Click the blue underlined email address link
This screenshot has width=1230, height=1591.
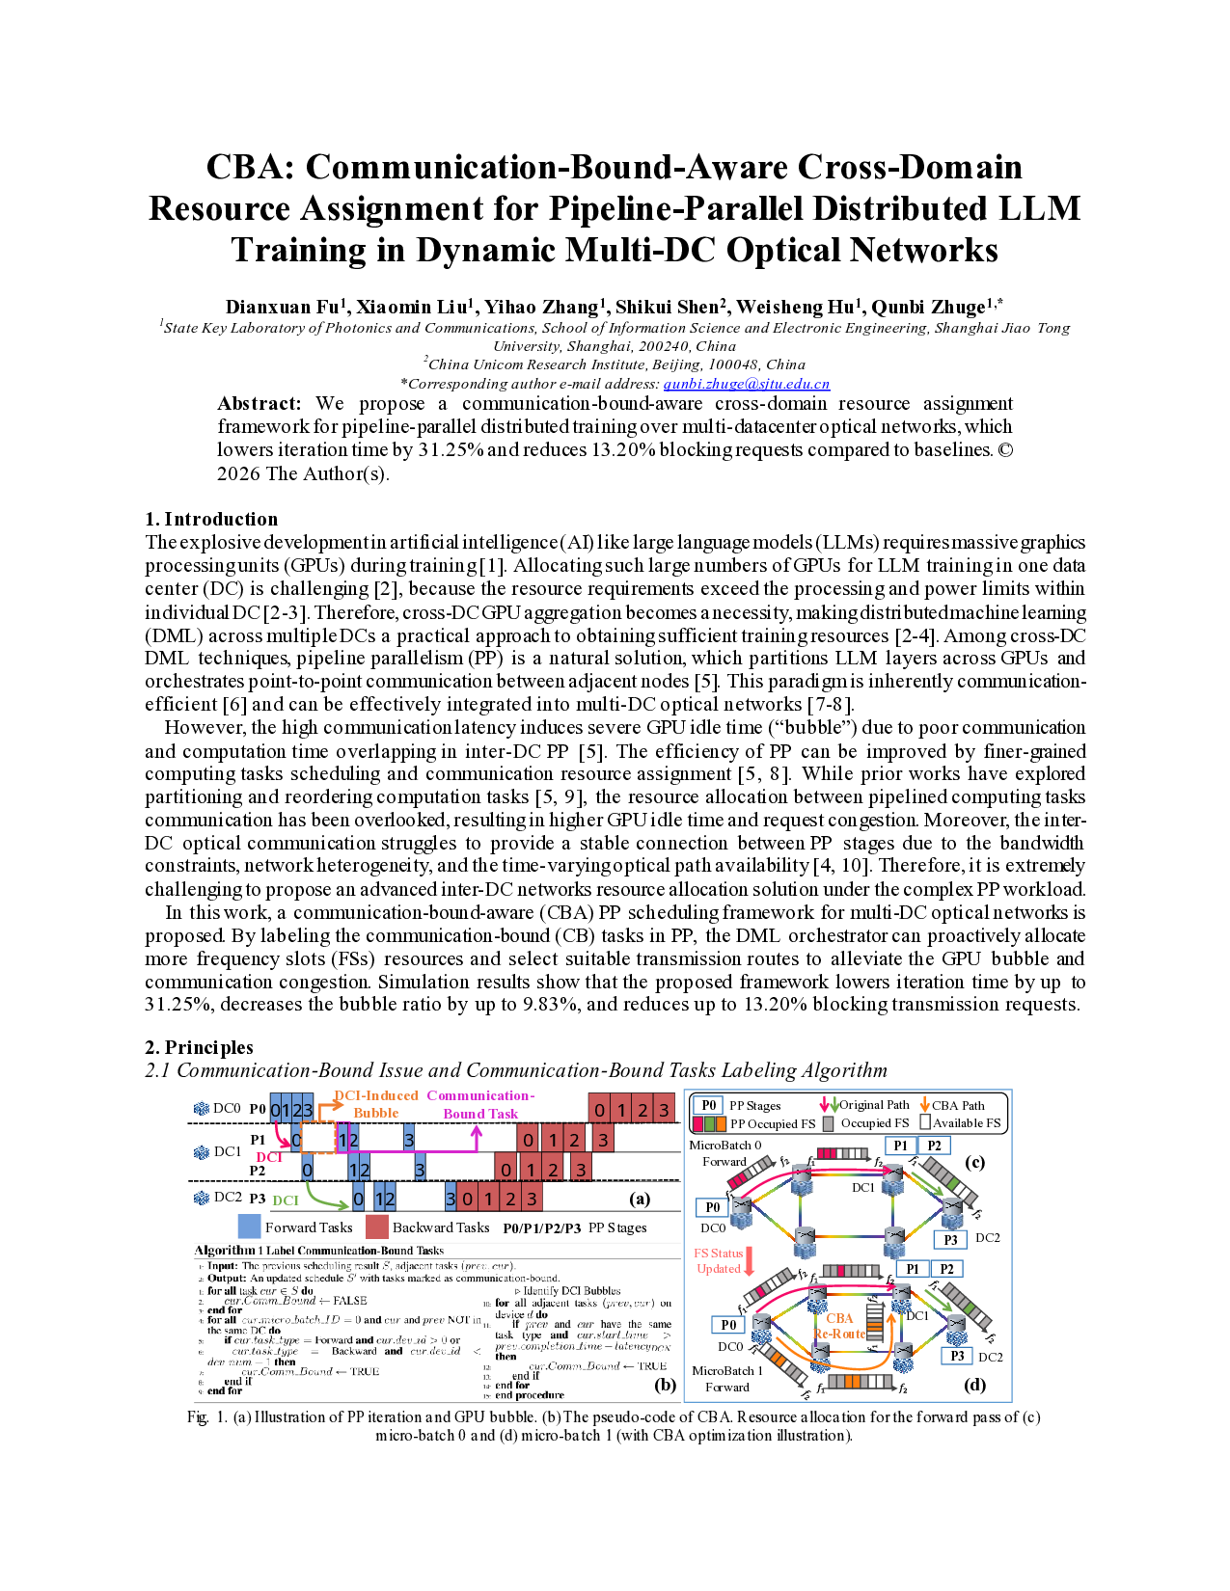tap(747, 384)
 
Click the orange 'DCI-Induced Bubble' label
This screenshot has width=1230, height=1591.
tap(375, 1104)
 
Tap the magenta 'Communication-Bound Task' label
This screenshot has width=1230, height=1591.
tap(480, 1104)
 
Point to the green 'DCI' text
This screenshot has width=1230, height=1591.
tap(286, 1200)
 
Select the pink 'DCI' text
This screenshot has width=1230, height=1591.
tap(269, 1157)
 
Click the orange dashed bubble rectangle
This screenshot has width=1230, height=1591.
tap(318, 1138)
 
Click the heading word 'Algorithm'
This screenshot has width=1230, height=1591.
tap(225, 1251)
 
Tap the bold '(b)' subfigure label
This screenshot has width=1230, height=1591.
tap(665, 1385)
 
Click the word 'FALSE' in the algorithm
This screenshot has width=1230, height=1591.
tap(349, 1301)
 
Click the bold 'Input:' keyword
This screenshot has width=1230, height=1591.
tap(223, 1266)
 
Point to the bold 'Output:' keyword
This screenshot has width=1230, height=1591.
tap(227, 1278)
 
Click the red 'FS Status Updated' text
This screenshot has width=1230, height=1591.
tap(719, 1261)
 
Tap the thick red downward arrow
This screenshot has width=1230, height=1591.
tap(749, 1261)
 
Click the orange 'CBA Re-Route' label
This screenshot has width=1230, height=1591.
tap(839, 1326)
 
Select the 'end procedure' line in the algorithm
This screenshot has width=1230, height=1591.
tap(529, 1395)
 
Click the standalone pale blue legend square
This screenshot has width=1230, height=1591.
tap(249, 1226)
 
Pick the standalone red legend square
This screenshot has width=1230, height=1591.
tap(377, 1226)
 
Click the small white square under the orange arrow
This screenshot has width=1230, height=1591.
tap(925, 1122)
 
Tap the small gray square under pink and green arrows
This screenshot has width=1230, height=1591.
tap(828, 1123)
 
